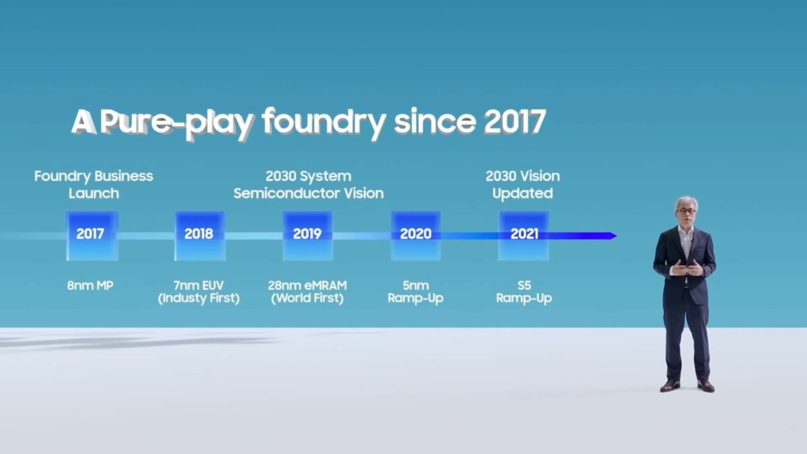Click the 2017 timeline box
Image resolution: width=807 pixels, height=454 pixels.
(92, 235)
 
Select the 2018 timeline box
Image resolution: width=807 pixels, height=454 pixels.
(200, 235)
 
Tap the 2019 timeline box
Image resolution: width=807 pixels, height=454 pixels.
(307, 235)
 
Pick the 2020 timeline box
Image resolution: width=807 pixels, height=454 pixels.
(416, 235)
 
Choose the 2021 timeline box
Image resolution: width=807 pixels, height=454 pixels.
(523, 235)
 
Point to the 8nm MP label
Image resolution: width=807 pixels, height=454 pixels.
(91, 286)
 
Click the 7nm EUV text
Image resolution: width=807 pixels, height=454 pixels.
(198, 286)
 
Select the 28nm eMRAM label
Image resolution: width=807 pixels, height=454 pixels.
(307, 286)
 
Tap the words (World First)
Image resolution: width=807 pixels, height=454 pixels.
(307, 299)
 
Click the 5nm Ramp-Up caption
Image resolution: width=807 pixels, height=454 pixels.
(416, 292)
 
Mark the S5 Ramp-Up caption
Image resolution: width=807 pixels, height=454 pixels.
(523, 292)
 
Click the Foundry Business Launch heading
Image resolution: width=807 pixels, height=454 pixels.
(93, 184)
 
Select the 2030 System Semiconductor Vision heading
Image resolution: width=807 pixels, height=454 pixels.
(308, 184)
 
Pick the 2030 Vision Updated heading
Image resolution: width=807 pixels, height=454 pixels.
(523, 184)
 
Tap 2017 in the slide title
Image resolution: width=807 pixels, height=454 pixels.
(514, 122)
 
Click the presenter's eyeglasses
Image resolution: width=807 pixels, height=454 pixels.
(686, 211)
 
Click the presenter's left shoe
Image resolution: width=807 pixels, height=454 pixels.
(705, 385)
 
